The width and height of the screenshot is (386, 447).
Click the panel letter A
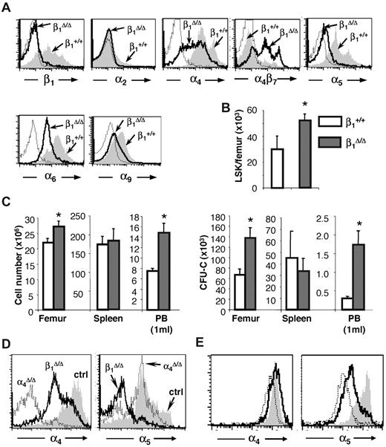tap(7, 7)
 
